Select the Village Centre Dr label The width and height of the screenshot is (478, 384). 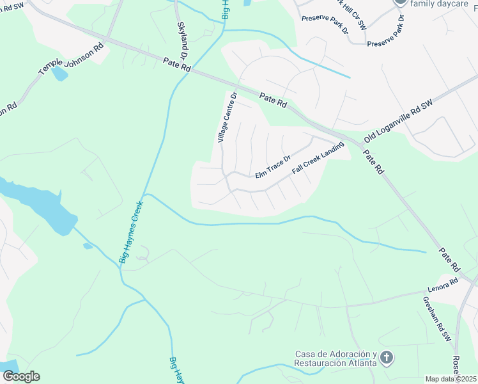[x=226, y=118]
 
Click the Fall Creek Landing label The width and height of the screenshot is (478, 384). [x=318, y=162]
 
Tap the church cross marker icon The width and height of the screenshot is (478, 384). [x=386, y=358]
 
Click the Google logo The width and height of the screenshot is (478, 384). [x=21, y=376]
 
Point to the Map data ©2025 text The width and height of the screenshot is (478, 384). [x=450, y=379]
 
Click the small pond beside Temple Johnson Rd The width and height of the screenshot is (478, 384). [x=59, y=74]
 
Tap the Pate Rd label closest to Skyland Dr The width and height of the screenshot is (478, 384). [x=177, y=64]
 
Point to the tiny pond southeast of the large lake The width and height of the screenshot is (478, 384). [x=88, y=246]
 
